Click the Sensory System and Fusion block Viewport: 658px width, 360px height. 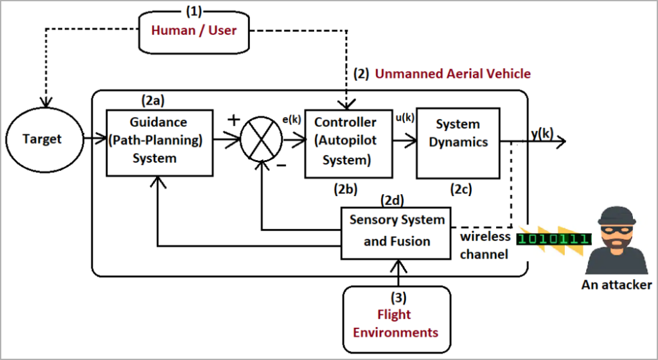click(x=396, y=231)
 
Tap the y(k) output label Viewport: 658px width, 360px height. click(x=542, y=133)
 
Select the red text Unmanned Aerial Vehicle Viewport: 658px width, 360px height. click(x=452, y=73)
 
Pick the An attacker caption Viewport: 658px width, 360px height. click(x=616, y=285)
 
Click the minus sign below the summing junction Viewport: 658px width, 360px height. click(x=280, y=165)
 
